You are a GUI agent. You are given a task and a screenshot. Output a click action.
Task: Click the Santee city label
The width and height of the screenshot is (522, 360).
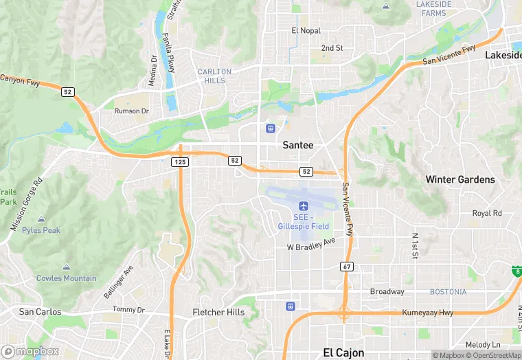click(x=298, y=145)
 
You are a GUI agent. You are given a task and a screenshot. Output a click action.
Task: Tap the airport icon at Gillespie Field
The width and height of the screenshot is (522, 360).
click(x=304, y=206)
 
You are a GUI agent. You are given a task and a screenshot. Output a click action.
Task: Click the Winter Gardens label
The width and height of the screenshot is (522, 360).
click(x=459, y=179)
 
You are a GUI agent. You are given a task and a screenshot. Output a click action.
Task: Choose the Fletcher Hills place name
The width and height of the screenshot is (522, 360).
click(x=218, y=312)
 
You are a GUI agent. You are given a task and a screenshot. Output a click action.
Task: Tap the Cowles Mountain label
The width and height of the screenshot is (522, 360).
click(x=67, y=278)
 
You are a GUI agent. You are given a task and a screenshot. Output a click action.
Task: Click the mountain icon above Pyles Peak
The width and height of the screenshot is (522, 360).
click(x=41, y=219)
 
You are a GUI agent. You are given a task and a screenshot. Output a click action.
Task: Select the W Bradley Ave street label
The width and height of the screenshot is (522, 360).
click(x=310, y=244)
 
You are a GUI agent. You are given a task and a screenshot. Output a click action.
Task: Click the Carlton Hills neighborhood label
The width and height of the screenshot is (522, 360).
click(x=214, y=76)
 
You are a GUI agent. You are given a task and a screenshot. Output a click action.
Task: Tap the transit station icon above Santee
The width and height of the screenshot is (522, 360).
click(x=271, y=128)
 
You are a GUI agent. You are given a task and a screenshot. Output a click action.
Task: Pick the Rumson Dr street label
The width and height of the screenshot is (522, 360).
click(x=131, y=111)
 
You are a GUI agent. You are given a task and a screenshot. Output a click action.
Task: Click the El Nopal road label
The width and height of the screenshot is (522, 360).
click(x=306, y=31)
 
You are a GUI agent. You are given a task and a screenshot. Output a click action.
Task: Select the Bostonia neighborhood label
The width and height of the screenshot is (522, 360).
click(x=448, y=292)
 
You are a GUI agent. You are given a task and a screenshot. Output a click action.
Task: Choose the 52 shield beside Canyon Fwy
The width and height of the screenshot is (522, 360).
click(x=67, y=92)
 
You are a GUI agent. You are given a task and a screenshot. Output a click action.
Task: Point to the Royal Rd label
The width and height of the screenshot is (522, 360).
click(x=487, y=213)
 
